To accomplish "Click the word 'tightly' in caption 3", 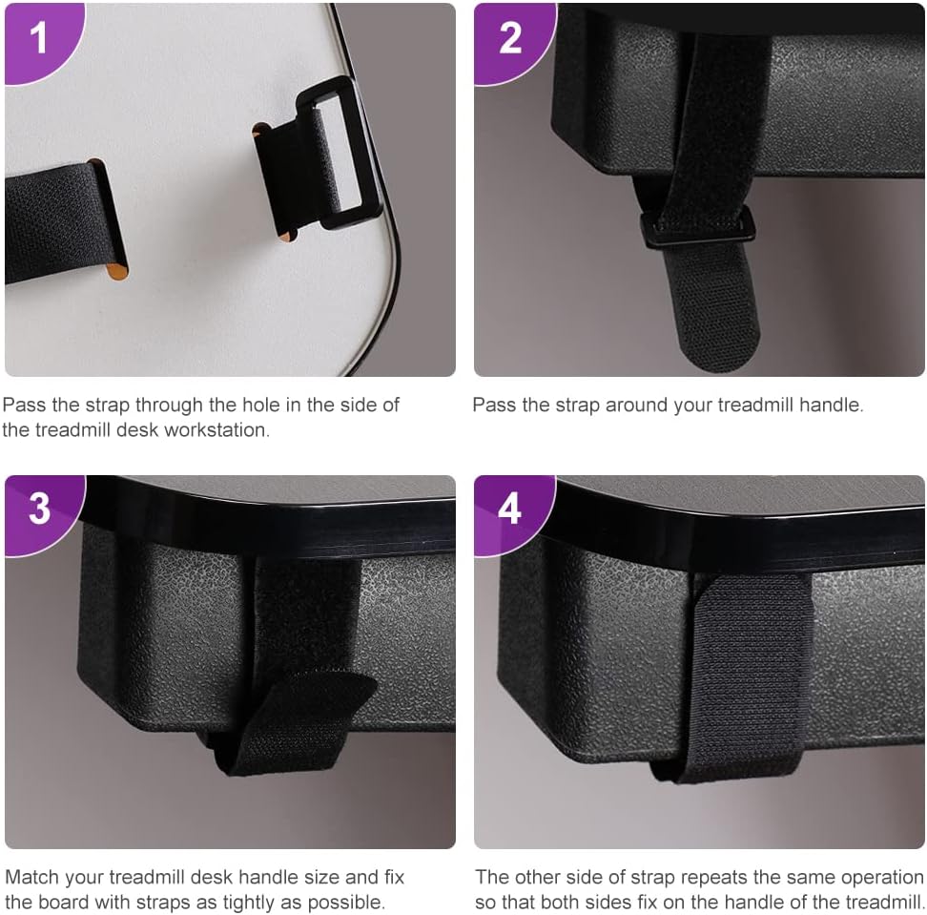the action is click(x=251, y=904).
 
